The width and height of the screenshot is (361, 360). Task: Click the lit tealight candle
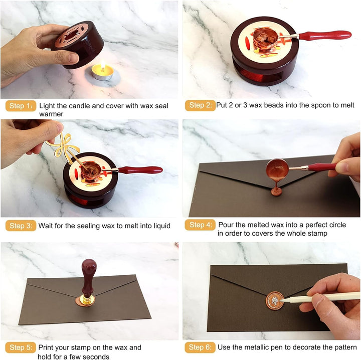[x=102, y=72]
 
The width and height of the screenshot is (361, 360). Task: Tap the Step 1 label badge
[x=21, y=106]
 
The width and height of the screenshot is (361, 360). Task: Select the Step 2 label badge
[x=200, y=105]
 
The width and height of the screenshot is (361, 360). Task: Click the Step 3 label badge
[x=21, y=226]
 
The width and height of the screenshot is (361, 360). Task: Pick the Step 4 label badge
[x=200, y=225]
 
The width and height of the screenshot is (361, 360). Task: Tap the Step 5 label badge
[x=21, y=347]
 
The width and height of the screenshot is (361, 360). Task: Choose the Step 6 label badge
[x=200, y=347]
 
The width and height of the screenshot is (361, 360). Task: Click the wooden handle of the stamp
[x=89, y=278]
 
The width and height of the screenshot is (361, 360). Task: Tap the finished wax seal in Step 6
[x=275, y=301]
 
